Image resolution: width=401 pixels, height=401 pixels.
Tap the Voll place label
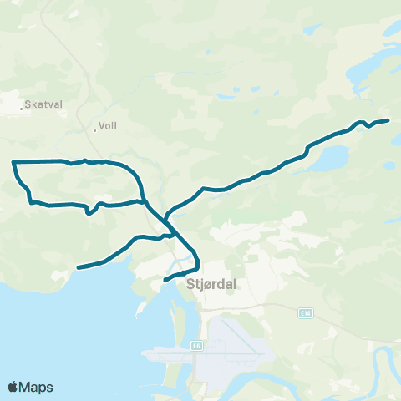(x=107, y=127)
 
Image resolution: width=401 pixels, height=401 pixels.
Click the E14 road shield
(x=306, y=312)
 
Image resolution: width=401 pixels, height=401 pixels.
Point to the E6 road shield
(x=196, y=343)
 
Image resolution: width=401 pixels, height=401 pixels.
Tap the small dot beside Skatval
(x=22, y=107)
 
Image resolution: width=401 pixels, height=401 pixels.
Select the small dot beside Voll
(x=94, y=129)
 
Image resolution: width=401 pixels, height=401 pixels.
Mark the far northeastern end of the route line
(x=388, y=120)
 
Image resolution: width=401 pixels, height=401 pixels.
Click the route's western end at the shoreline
(x=79, y=267)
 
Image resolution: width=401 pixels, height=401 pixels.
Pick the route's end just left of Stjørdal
(x=165, y=280)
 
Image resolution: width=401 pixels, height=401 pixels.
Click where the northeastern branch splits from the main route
(x=166, y=219)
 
